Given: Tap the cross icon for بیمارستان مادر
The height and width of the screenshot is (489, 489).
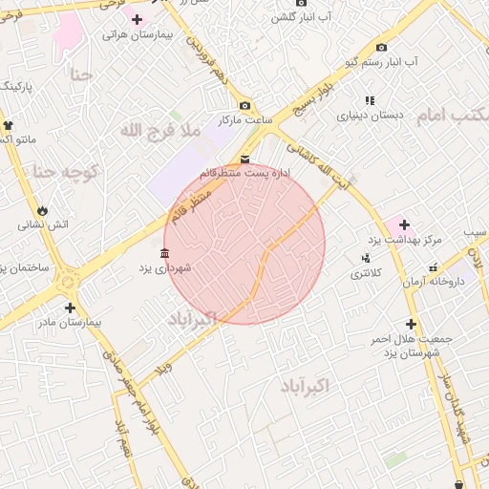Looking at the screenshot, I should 70,308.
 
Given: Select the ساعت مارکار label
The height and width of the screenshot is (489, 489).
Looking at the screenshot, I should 245,120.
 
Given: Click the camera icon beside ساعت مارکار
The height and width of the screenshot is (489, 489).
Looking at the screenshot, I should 245,105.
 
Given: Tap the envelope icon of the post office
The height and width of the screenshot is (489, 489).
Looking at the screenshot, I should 245,159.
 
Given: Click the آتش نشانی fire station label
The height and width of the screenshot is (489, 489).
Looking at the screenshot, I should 43,225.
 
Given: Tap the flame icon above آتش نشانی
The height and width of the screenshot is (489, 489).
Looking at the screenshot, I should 43,210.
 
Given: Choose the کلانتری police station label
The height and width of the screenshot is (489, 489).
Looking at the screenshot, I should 365,274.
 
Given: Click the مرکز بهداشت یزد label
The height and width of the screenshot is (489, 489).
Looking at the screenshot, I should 401,239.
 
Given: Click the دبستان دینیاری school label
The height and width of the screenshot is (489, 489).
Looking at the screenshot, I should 371,116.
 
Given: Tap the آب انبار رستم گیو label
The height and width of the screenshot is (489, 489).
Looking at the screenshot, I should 384,62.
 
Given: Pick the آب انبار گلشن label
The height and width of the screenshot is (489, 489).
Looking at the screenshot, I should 300,17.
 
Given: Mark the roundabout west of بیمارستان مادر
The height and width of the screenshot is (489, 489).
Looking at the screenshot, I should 66,282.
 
